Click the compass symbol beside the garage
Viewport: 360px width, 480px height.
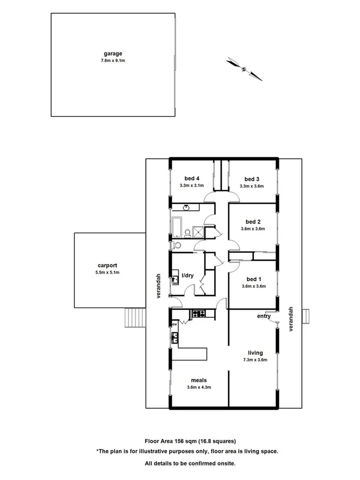pyautogui.click(x=244, y=68)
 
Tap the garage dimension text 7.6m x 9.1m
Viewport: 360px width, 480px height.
pyautogui.click(x=113, y=61)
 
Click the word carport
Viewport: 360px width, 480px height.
pyautogui.click(x=107, y=265)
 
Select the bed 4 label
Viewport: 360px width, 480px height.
pyautogui.click(x=192, y=178)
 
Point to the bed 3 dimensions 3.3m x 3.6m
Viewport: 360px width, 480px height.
pyautogui.click(x=252, y=186)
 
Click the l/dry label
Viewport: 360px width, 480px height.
pyautogui.click(x=187, y=276)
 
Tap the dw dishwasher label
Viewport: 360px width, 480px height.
pyautogui.click(x=174, y=324)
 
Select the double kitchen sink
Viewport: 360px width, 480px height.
pyautogui.click(x=174, y=336)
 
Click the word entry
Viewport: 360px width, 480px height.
pyautogui.click(x=264, y=316)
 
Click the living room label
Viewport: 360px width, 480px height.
pyautogui.click(x=255, y=353)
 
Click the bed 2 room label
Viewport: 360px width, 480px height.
pyautogui.click(x=253, y=221)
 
